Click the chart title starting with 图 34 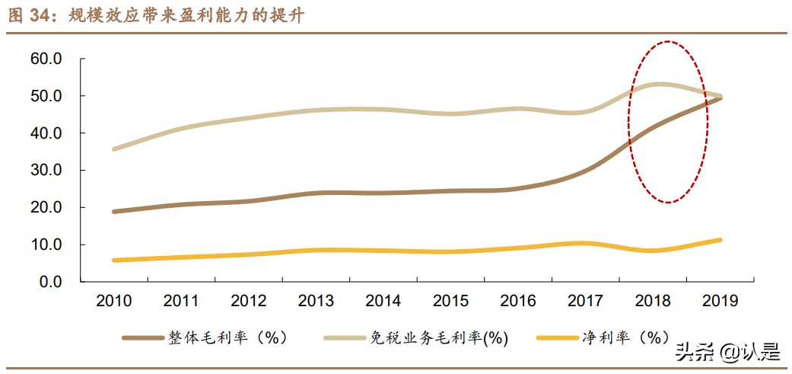pyautogui.click(x=156, y=15)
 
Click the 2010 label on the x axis pyautogui.click(x=114, y=302)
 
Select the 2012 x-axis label pyautogui.click(x=249, y=302)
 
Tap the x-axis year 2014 pyautogui.click(x=383, y=302)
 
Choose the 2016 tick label pyautogui.click(x=518, y=302)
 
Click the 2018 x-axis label pyautogui.click(x=653, y=302)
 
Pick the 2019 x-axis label pyautogui.click(x=720, y=302)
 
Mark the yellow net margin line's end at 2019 pyautogui.click(x=720, y=240)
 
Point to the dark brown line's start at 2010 pyautogui.click(x=114, y=212)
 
